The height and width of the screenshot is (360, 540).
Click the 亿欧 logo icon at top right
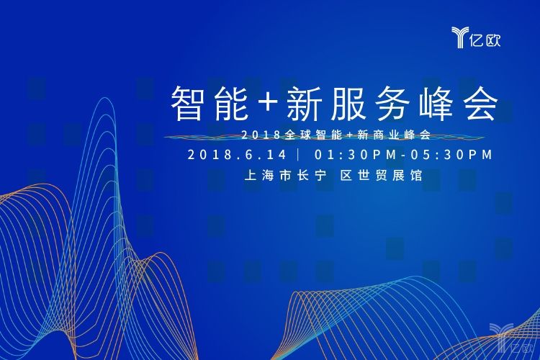[459, 37]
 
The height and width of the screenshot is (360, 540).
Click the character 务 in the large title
[392, 104]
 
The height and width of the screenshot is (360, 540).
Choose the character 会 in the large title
[481, 104]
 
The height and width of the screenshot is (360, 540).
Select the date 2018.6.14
[237, 155]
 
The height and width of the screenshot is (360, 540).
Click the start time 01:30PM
[356, 155]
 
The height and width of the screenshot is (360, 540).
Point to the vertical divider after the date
[298, 155]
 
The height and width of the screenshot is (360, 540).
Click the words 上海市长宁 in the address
[286, 176]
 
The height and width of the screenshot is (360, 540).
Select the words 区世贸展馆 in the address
[382, 176]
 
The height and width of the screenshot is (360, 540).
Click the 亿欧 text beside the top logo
[485, 40]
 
